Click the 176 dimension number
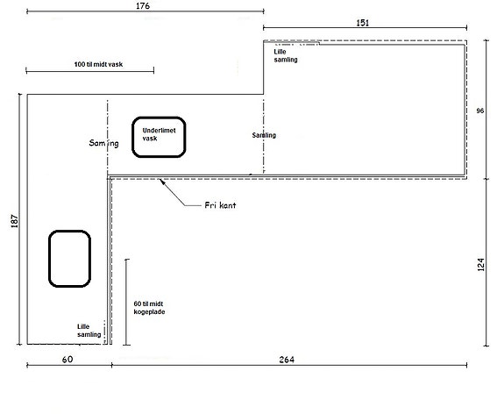(143, 6)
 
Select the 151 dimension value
(363, 23)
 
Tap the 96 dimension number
(479, 111)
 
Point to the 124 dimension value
(480, 265)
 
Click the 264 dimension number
(287, 360)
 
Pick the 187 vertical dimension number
(15, 221)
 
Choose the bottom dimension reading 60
(67, 360)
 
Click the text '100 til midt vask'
(98, 64)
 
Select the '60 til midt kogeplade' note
(149, 308)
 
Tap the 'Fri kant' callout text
(220, 205)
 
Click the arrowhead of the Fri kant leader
(160, 181)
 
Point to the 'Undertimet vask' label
(160, 134)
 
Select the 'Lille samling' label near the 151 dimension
(286, 55)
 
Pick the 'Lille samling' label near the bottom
(89, 331)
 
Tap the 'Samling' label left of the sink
(103, 143)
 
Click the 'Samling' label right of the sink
(264, 135)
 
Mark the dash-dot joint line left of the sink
(107, 138)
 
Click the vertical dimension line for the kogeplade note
(127, 302)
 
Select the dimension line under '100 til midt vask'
(90, 70)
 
